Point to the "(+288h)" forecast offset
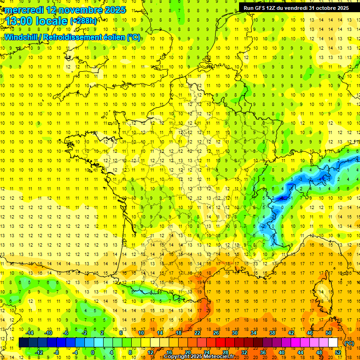point(83,21)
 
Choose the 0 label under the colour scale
point(92,352)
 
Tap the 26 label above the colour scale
point(216,333)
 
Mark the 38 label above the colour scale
point(272,333)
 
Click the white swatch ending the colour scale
point(333,343)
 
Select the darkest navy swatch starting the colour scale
point(24,343)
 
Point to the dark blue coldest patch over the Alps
point(282,198)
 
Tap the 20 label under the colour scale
point(188,352)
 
